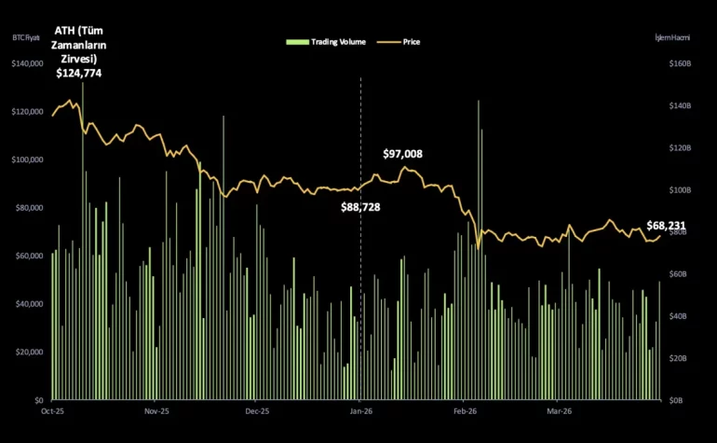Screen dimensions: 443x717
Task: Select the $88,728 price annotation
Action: pos(360,207)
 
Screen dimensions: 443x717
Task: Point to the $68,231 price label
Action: pos(666,226)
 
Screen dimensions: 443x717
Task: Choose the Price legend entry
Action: pos(405,42)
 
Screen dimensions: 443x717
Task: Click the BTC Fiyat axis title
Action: pos(27,38)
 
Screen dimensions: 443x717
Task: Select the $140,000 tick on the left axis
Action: pos(28,63)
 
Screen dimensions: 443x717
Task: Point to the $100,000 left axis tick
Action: pos(28,159)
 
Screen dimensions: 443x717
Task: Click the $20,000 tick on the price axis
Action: pos(30,352)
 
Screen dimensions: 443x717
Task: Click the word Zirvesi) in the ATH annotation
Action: pos(76,58)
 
